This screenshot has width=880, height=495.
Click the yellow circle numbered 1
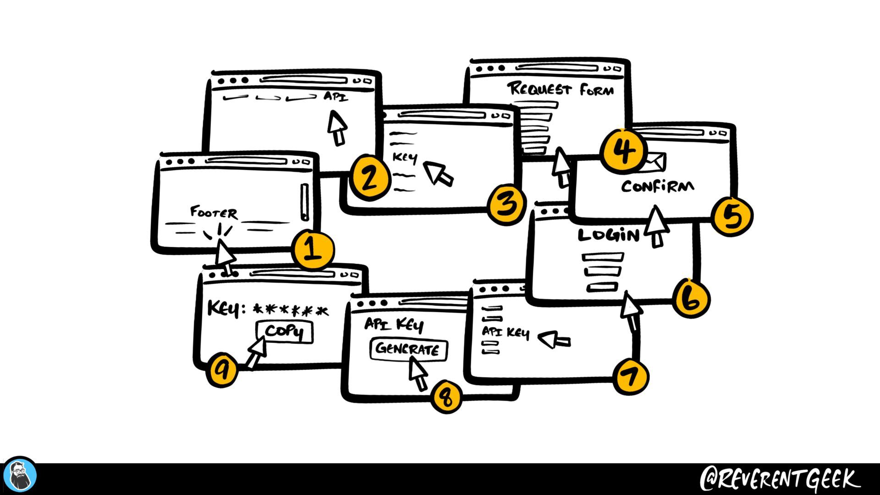tap(313, 250)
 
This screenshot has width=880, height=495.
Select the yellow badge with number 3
tap(506, 204)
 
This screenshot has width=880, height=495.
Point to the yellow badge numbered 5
tap(732, 216)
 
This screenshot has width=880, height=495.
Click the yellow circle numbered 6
tap(691, 299)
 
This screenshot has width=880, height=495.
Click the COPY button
tap(285, 331)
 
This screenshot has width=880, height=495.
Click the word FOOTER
tap(214, 213)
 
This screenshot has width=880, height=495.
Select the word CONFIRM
tap(657, 186)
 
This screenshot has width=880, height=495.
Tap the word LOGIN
tap(609, 235)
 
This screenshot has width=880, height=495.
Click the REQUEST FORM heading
tap(560, 89)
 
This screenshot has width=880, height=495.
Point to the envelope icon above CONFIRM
tap(655, 162)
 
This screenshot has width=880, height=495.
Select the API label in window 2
tap(336, 97)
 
